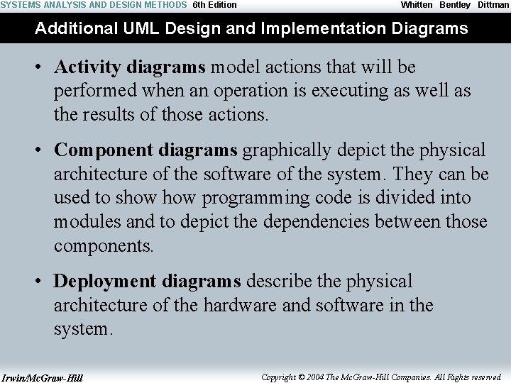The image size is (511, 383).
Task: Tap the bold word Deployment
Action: [106, 282]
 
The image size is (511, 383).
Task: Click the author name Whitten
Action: [417, 5]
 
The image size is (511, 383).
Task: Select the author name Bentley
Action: [455, 5]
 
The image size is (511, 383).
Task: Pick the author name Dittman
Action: [493, 5]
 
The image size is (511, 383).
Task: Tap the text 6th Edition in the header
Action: [215, 5]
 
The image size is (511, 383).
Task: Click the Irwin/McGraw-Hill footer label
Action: [42, 378]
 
